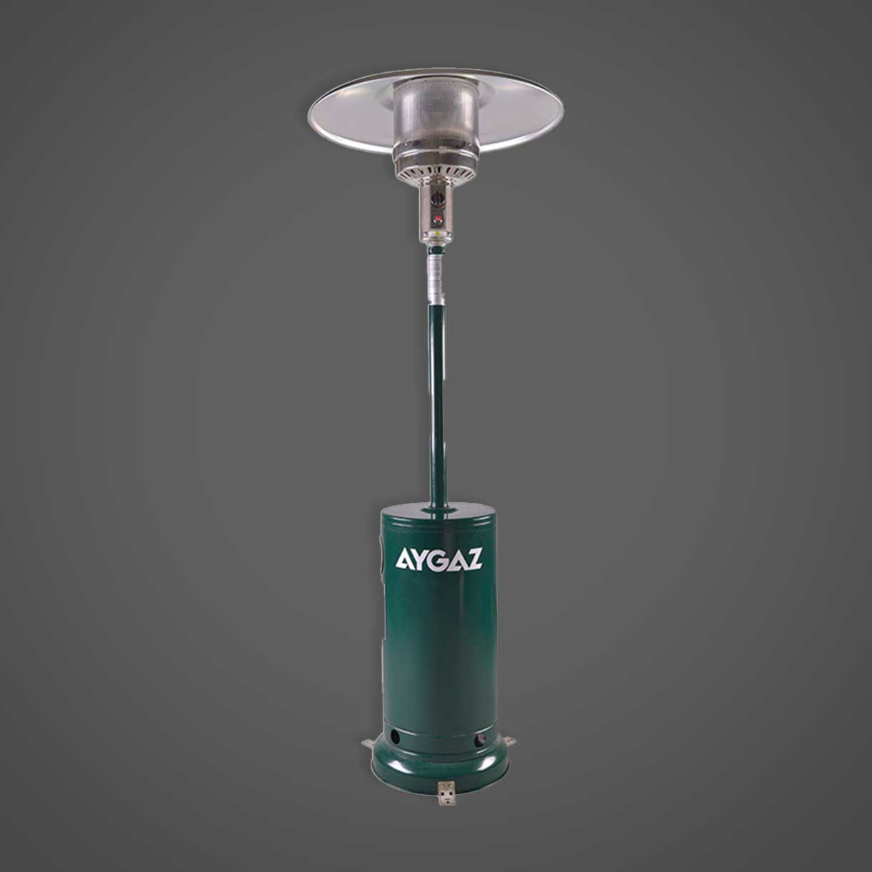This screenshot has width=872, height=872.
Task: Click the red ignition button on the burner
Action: pyautogui.click(x=438, y=220)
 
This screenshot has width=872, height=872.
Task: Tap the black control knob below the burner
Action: pyautogui.click(x=438, y=198)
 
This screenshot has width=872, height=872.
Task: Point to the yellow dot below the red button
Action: pyautogui.click(x=438, y=231)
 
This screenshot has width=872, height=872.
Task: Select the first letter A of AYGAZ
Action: pyautogui.click(x=404, y=559)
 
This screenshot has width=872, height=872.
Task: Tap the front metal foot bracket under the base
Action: pyautogui.click(x=446, y=793)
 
